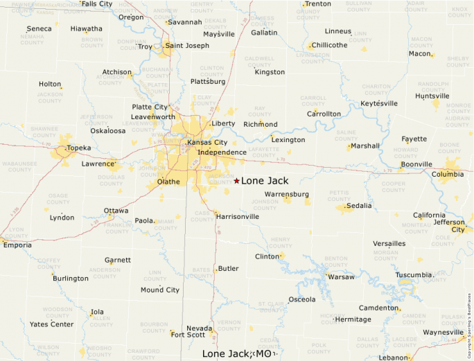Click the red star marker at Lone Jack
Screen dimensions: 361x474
click(x=236, y=181)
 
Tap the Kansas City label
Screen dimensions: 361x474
click(x=207, y=143)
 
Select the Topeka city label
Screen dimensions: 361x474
click(x=79, y=148)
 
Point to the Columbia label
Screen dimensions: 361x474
click(x=448, y=174)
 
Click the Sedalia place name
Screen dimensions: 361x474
click(x=359, y=206)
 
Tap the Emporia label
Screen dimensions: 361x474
click(x=17, y=245)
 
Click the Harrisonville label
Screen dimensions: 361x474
click(x=238, y=216)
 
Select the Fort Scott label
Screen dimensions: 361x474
click(x=188, y=335)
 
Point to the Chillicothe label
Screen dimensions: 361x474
click(x=330, y=45)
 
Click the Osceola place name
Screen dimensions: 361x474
click(x=301, y=299)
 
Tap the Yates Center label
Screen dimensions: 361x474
click(x=51, y=324)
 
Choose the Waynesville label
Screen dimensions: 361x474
click(x=443, y=332)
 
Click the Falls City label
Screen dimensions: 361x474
click(x=96, y=4)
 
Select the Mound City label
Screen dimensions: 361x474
click(x=160, y=290)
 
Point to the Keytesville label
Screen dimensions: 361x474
click(x=379, y=104)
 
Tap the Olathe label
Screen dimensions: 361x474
click(x=168, y=182)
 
